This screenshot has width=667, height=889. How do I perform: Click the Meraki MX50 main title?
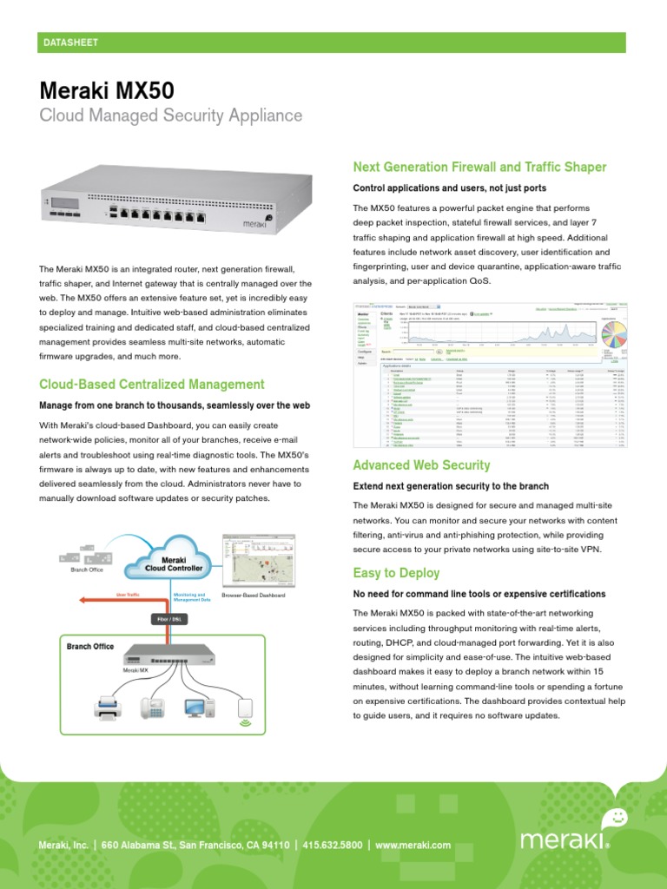[x=107, y=89]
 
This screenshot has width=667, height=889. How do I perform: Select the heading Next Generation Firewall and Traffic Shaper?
[x=479, y=167]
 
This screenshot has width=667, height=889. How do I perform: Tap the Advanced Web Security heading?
[x=421, y=465]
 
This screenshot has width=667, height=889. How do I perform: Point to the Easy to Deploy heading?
[x=396, y=573]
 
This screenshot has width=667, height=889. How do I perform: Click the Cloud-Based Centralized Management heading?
[x=152, y=384]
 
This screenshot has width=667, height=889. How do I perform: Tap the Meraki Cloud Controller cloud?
[x=174, y=563]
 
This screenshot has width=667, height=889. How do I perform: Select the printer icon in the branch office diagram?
[x=108, y=709]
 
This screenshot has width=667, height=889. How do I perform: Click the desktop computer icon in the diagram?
[x=198, y=709]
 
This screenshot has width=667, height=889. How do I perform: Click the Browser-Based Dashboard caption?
[x=253, y=596]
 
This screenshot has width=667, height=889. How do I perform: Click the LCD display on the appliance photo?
[x=66, y=203]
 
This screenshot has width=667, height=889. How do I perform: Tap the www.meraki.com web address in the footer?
[x=413, y=845]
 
